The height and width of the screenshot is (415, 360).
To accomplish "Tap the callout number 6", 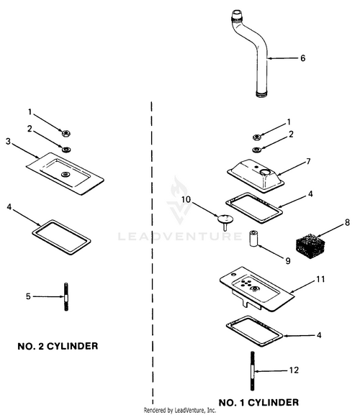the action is coord(303,58).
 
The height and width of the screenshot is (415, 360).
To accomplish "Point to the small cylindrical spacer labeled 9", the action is coord(253,238).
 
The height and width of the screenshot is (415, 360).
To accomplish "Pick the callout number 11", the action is coord(320,280).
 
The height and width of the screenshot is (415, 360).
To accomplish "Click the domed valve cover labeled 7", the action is coord(256,175).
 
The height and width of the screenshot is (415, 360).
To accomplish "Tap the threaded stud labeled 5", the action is coord(66,297).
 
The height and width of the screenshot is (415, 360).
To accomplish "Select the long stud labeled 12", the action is coord(253,371).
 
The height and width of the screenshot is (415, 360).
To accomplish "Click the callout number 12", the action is coord(294,370).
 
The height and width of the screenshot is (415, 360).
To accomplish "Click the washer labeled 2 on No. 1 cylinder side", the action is coord(256,150).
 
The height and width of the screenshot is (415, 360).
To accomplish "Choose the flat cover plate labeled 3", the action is coord(65,173).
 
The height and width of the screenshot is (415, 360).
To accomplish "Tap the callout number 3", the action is coord(8,142).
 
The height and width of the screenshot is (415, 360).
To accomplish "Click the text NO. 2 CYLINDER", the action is coord(58,346).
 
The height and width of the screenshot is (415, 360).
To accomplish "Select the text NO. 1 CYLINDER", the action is coord(258,403).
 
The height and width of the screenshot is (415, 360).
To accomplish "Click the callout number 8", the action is coord(347,222).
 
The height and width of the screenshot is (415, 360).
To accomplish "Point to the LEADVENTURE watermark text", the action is coord(180,236).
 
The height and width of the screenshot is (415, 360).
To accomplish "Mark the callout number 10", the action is coord(186,199).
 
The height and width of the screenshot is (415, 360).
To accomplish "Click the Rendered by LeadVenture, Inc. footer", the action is coord(180,410).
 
